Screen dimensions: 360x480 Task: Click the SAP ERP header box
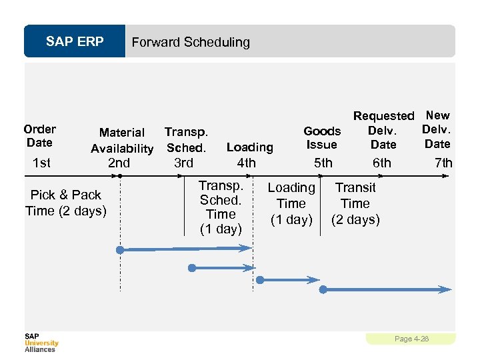[75, 42]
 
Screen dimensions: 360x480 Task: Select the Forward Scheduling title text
[191, 42]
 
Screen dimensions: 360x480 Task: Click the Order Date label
[40, 135]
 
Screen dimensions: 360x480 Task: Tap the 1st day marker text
[41, 163]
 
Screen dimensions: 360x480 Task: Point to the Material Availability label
[122, 140]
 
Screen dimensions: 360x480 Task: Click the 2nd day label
[119, 163]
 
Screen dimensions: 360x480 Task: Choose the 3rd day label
[183, 163]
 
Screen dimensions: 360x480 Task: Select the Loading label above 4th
[250, 147]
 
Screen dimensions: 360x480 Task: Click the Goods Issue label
[322, 137]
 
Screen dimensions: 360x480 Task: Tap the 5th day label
[323, 163]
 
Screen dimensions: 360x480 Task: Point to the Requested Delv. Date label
[383, 130]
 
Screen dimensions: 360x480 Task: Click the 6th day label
[382, 163]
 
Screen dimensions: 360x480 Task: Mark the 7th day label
[443, 163]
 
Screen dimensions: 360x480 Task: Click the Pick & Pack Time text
[65, 203]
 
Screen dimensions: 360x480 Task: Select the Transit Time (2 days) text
[355, 203]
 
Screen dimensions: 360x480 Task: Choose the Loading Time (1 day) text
[291, 203]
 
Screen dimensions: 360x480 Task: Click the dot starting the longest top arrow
[120, 250]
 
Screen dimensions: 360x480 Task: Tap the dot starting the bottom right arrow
[323, 289]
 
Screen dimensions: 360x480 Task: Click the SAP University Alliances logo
[41, 342]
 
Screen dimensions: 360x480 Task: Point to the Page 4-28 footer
[411, 339]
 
